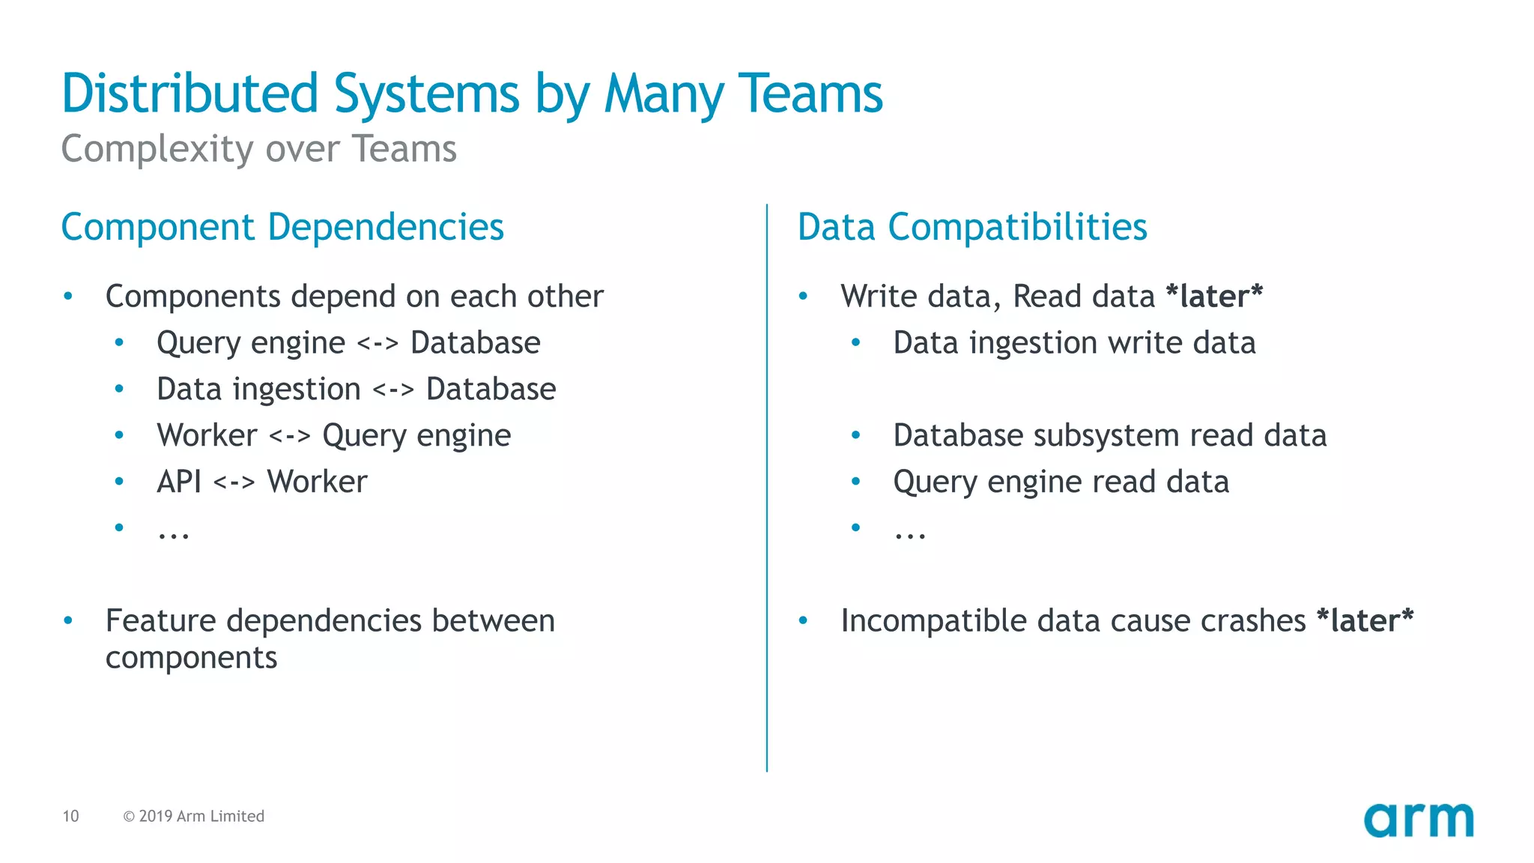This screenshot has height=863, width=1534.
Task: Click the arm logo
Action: point(1418,820)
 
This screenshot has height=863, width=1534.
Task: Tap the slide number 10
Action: point(70,816)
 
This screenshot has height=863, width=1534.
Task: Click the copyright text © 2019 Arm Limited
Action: point(193,816)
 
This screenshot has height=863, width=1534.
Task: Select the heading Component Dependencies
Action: point(282,227)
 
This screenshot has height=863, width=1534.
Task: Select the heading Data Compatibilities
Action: point(971,227)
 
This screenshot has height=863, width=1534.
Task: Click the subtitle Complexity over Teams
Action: point(258,148)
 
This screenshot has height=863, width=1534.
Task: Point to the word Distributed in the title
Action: point(190,94)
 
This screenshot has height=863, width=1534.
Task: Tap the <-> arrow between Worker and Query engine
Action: point(289,436)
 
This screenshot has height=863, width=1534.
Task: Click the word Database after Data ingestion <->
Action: point(491,390)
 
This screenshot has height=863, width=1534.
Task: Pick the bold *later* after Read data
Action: point(1214,296)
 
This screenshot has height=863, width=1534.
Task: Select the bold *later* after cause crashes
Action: point(1364,620)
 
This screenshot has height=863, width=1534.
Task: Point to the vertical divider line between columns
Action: point(766,487)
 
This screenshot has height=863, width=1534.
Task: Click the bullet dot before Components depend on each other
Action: point(68,297)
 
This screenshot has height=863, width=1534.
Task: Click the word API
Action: point(178,482)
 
